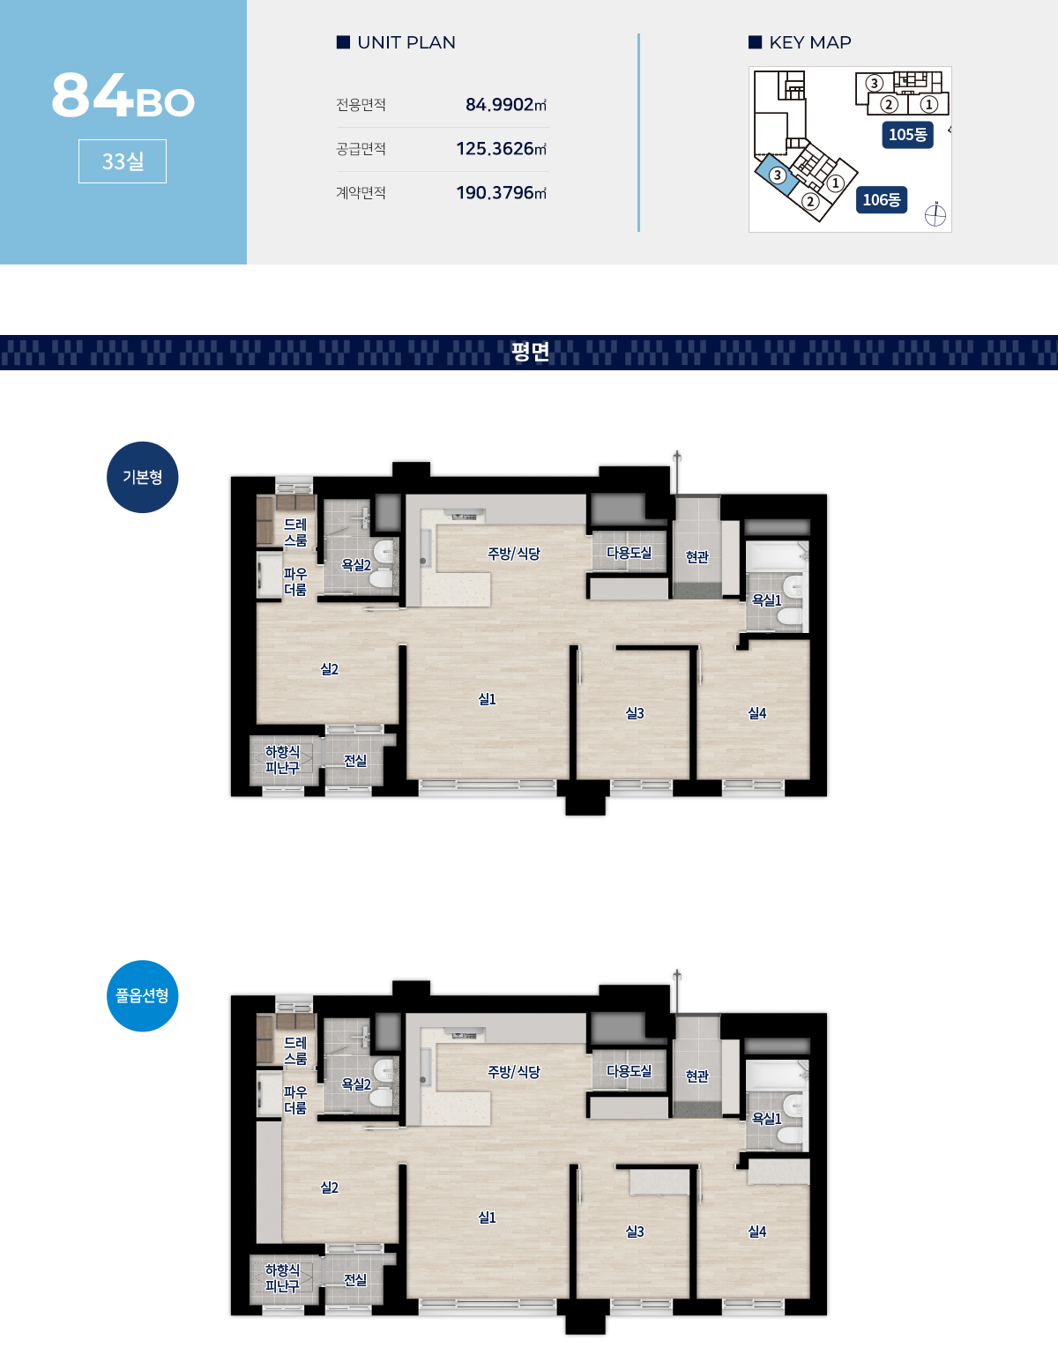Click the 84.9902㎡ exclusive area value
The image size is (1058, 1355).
click(x=505, y=104)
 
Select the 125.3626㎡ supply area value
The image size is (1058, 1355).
click(x=502, y=148)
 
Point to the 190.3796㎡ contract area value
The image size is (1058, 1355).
click(x=502, y=193)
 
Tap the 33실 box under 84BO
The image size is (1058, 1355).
click(x=123, y=161)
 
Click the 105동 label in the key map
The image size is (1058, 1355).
click(x=907, y=135)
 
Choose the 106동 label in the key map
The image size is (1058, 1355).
click(x=881, y=200)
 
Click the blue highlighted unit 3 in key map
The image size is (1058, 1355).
click(x=776, y=174)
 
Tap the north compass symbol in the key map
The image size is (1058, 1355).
click(x=935, y=215)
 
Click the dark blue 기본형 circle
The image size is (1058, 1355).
click(x=143, y=478)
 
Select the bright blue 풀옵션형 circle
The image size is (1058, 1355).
click(x=143, y=996)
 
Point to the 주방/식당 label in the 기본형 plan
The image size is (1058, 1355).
click(x=514, y=553)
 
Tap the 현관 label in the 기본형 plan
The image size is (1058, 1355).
click(x=697, y=557)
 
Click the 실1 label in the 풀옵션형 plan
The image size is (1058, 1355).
click(x=487, y=1217)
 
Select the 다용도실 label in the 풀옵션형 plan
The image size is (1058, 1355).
click(x=629, y=1071)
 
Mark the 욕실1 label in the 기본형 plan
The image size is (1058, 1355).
click(x=766, y=599)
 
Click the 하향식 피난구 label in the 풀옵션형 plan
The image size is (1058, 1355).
click(x=282, y=1278)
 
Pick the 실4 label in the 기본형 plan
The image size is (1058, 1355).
click(x=756, y=712)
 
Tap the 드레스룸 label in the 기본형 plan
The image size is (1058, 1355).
click(x=295, y=532)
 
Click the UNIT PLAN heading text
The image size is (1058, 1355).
click(x=406, y=42)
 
